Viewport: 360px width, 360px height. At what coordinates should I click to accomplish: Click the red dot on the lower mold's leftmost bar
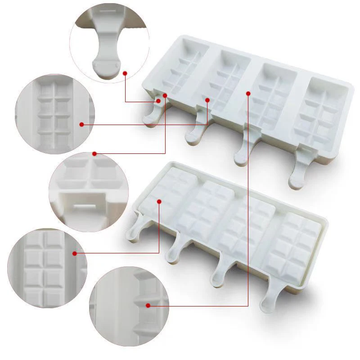159,202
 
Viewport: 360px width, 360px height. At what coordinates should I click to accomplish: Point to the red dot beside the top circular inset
125,72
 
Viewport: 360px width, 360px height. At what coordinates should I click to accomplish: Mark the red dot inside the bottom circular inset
148,306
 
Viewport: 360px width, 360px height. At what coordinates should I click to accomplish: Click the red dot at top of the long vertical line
248,93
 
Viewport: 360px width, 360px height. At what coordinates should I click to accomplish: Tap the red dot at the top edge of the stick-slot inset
94,154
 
